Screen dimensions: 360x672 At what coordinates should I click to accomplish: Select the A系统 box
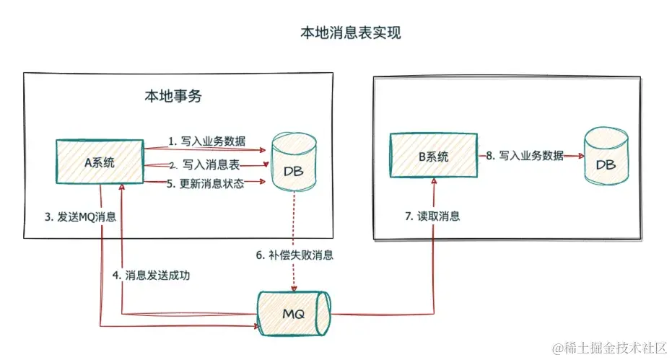100,162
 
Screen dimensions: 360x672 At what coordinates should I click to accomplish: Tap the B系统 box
432,156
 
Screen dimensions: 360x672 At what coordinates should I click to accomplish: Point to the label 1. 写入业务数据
205,141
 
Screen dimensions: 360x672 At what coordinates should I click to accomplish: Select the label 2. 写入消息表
206,165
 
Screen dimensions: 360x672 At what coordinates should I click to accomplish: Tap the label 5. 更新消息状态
206,183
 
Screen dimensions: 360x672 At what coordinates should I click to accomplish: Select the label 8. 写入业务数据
525,156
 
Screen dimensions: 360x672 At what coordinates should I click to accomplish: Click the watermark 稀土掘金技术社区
609,348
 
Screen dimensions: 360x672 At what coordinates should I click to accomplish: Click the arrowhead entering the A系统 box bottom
123,187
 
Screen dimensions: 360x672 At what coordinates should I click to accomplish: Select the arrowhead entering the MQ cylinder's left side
257,326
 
